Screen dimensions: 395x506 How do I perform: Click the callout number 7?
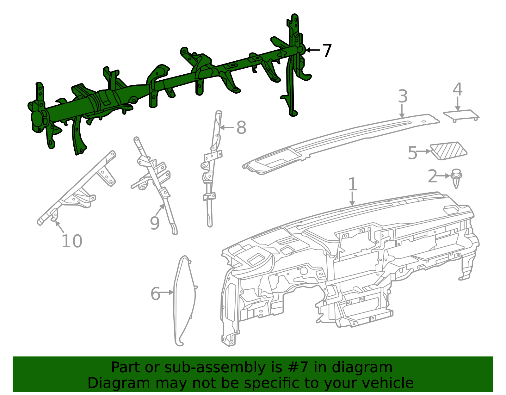click(x=327, y=51)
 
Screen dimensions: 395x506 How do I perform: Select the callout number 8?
click(x=241, y=128)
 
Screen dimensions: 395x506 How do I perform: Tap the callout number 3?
click(x=402, y=96)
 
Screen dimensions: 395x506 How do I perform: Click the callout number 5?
click(x=412, y=153)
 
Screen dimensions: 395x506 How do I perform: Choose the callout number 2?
click(x=432, y=176)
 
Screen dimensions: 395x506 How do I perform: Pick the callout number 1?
click(x=353, y=184)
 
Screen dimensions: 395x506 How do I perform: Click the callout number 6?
click(x=155, y=294)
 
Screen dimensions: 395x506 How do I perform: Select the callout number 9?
click(x=155, y=223)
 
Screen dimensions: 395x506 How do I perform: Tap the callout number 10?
click(x=72, y=242)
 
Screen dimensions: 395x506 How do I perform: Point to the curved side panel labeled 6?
click(x=184, y=300)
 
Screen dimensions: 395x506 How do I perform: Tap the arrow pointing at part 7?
click(x=313, y=50)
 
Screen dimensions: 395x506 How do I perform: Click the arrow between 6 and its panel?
click(x=167, y=293)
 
